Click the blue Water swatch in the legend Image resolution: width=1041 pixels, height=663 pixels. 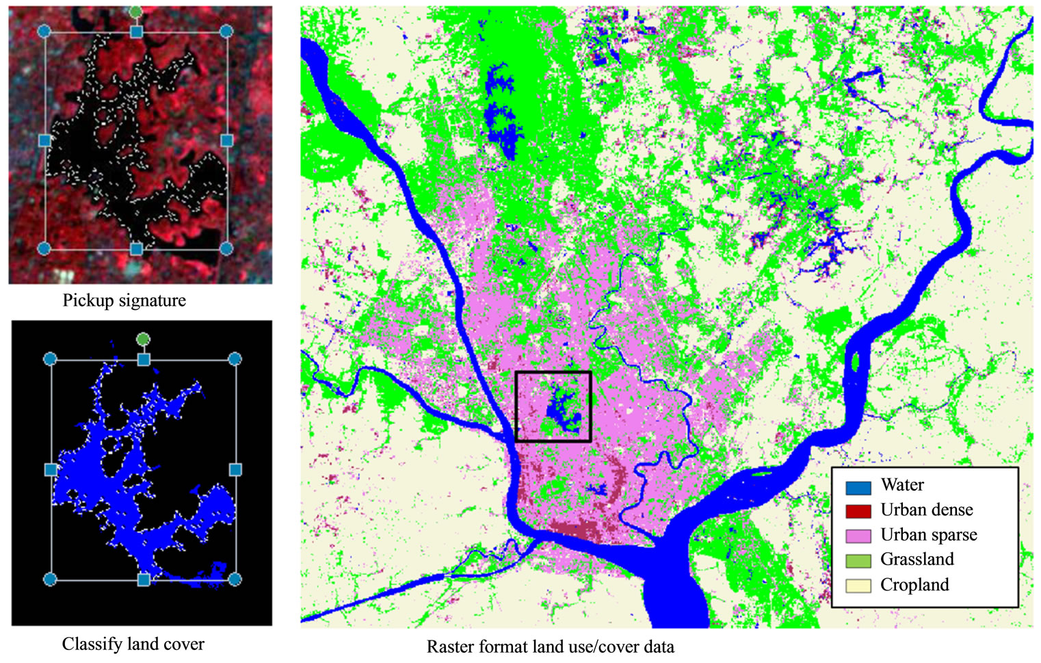click(858, 487)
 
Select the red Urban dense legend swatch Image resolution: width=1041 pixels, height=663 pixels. click(858, 511)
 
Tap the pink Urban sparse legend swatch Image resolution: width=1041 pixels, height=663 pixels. click(858, 536)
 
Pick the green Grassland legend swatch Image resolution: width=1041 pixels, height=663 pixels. click(858, 560)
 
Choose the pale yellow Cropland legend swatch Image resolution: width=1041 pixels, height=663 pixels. click(858, 586)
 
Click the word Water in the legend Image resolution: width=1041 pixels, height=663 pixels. click(901, 485)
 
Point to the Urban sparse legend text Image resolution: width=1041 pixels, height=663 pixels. click(928, 535)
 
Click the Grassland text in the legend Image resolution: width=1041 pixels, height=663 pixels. click(917, 560)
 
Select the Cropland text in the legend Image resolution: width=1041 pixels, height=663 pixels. click(914, 585)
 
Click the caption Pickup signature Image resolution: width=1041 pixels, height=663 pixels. click(124, 300)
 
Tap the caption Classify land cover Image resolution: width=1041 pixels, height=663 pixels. click(133, 644)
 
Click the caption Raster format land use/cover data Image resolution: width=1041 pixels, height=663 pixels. click(550, 647)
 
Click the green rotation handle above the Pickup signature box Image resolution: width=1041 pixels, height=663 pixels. click(135, 12)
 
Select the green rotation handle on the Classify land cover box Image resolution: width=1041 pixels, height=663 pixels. click(142, 339)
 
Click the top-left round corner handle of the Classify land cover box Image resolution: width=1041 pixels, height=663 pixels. click(50, 359)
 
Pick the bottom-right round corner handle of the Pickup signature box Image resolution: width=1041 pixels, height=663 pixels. click(226, 248)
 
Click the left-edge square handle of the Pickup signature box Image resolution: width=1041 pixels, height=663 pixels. click(45, 140)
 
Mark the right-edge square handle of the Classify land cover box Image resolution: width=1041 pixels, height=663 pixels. click(235, 469)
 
